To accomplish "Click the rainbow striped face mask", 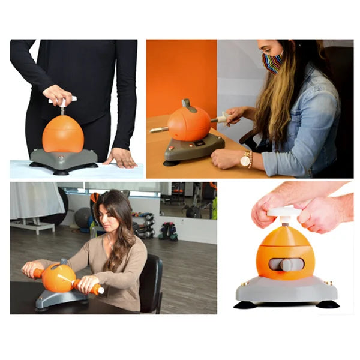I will [273, 62].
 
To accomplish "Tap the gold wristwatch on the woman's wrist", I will [245, 160].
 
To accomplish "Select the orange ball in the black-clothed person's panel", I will [62, 133].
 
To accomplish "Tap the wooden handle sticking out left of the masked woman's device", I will [159, 129].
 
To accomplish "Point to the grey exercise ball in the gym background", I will [83, 217].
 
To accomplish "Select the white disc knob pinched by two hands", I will [284, 212].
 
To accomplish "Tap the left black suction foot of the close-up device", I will [245, 305].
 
